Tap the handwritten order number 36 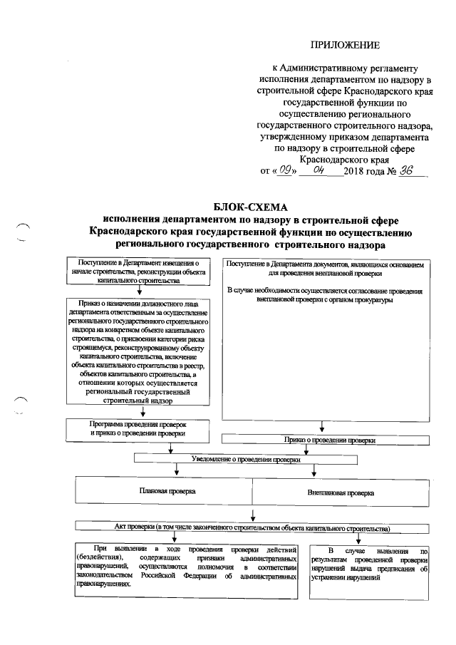(406, 171)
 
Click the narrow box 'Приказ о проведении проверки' (329, 440)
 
